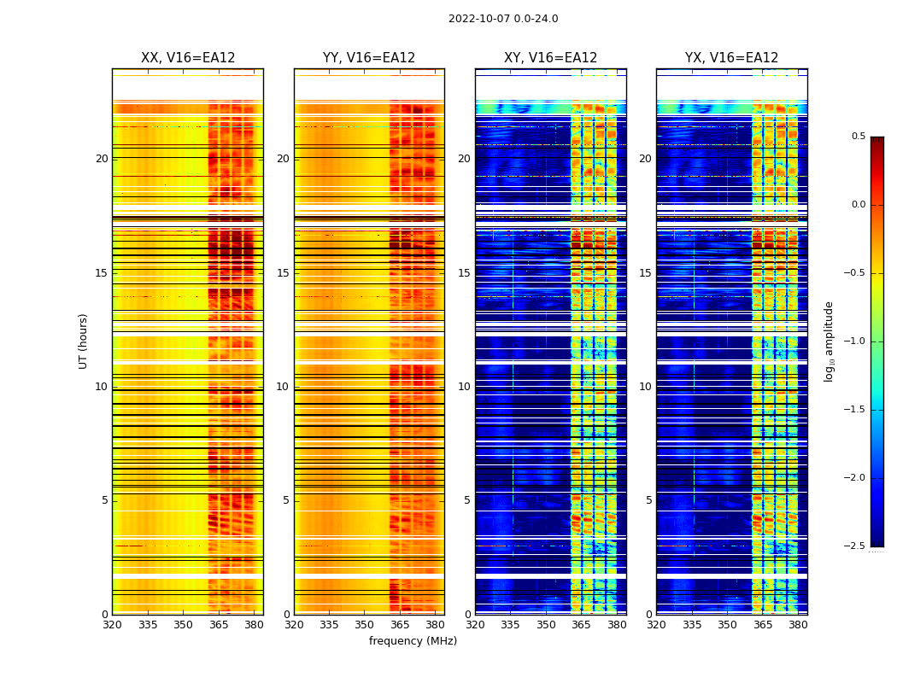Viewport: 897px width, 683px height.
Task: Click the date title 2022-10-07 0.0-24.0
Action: pos(503,19)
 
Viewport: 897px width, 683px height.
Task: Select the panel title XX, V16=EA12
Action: pos(188,58)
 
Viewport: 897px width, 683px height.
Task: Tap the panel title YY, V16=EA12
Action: pos(369,58)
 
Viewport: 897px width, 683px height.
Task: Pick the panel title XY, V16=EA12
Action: pos(550,58)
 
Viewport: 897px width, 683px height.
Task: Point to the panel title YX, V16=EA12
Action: pos(731,58)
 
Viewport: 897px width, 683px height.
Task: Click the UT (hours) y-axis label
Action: pos(83,341)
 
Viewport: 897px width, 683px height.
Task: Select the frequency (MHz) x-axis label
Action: pos(413,641)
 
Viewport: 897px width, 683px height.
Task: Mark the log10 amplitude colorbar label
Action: pos(829,341)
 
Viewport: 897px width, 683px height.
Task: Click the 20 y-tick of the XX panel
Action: pos(102,159)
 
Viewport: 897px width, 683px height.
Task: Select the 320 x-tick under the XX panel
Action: pos(112,625)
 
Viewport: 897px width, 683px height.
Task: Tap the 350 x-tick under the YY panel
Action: pos(364,625)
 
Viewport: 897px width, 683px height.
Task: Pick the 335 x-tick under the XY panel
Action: pos(510,625)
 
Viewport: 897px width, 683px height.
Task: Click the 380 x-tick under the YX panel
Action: pos(798,625)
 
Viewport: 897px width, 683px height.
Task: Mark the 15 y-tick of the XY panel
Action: pos(464,273)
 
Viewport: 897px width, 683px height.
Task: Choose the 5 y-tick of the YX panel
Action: pos(648,500)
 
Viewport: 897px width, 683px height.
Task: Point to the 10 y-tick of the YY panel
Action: pos(283,387)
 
